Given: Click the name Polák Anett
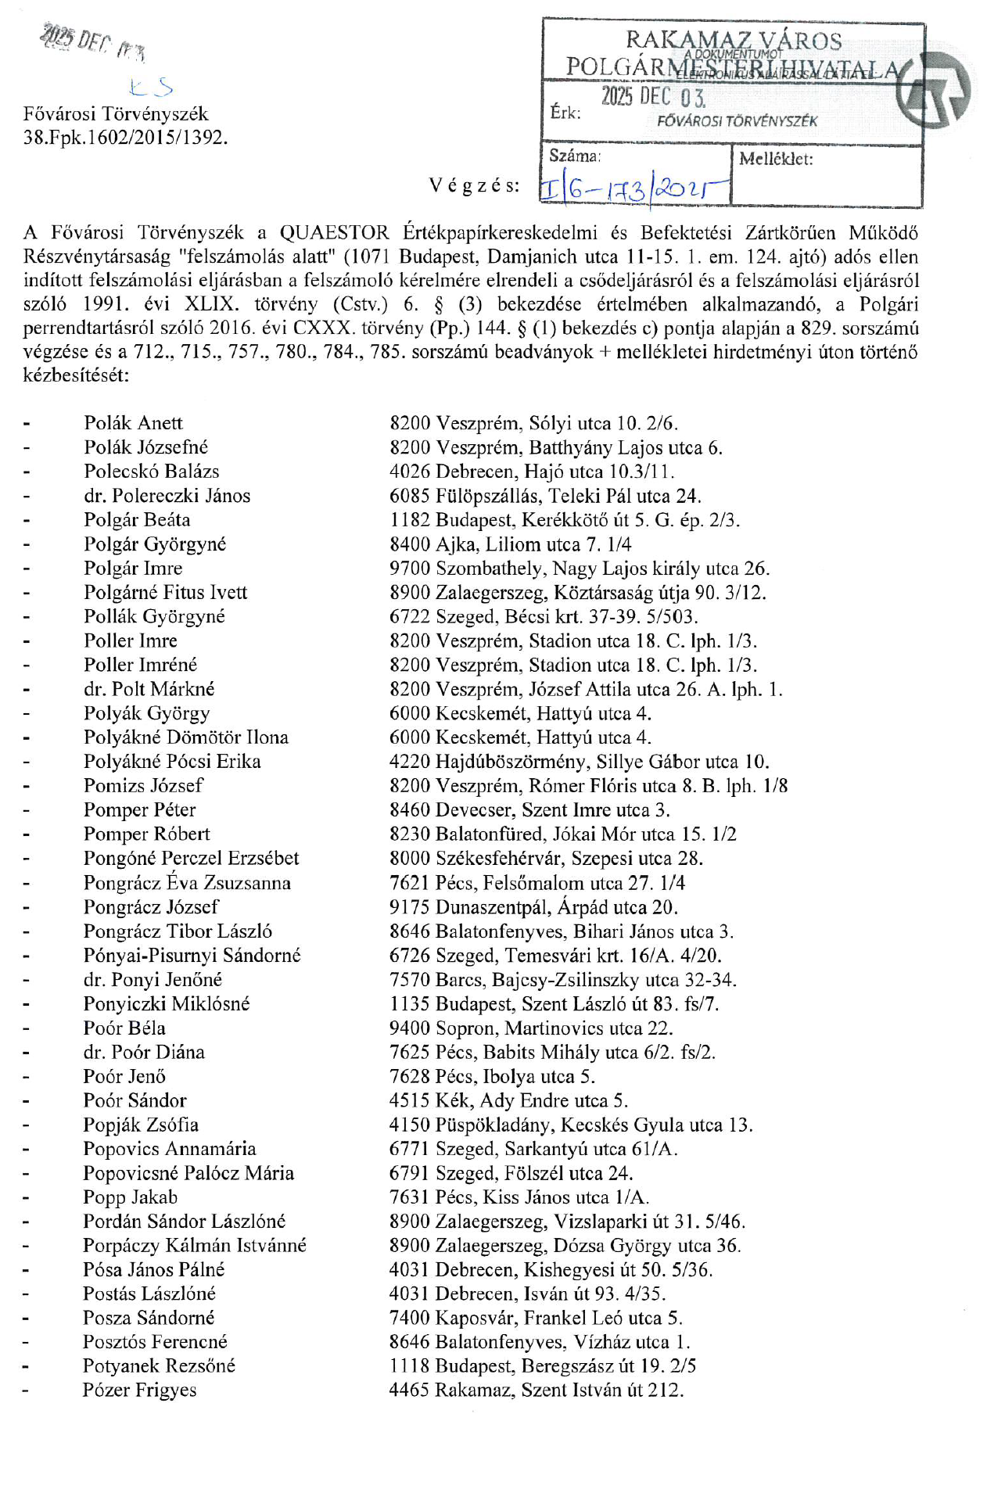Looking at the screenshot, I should point(133,423).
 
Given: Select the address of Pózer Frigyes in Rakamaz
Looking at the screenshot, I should point(537,1390).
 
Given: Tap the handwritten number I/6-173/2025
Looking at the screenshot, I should point(633,188).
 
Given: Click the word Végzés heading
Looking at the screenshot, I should point(474,185).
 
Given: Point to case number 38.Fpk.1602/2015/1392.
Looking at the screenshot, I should point(125,138).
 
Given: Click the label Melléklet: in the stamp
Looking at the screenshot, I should point(776,160).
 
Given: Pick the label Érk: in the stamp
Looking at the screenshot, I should point(565,113).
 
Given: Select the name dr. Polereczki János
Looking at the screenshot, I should point(167,496).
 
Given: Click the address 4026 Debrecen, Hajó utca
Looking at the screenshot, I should point(532,472).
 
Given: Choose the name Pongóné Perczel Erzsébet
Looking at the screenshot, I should point(192,858).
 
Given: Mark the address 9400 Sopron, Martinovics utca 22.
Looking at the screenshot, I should point(531,1028).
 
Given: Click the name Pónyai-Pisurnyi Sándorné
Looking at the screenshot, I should point(192,955).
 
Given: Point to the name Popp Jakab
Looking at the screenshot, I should point(131,1197).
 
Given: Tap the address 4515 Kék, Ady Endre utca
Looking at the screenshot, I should point(508,1100).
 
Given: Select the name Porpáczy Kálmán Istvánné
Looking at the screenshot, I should point(195,1245).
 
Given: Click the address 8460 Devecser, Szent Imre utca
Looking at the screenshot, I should point(529,809).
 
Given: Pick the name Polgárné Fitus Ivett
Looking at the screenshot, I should point(166,592).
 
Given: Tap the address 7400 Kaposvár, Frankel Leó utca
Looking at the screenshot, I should point(536,1318).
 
